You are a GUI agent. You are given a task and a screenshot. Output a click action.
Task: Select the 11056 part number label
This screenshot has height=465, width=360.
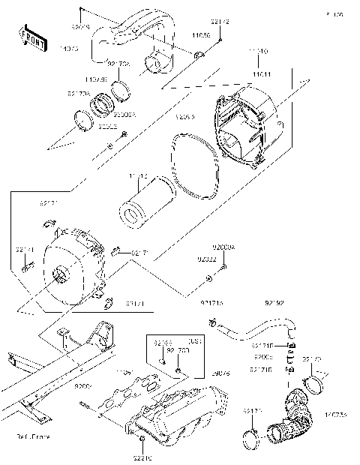pos(199,35)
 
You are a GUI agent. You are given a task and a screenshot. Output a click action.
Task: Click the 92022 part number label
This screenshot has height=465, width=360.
pos(207,259)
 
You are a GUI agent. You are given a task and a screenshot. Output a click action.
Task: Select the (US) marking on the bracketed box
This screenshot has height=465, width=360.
pos(192,339)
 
